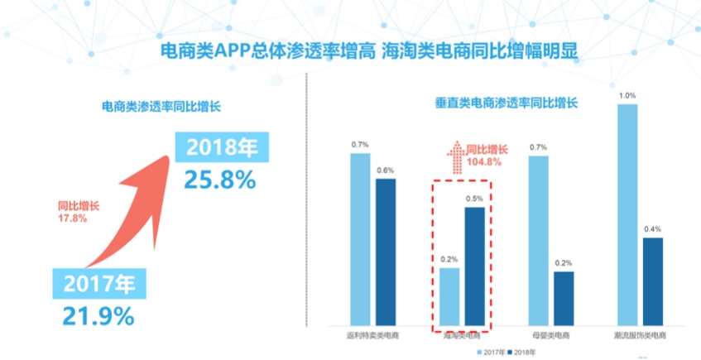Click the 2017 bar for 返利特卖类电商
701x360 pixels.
click(360, 239)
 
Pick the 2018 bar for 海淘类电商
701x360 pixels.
click(475, 266)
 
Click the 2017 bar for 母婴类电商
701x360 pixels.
click(539, 240)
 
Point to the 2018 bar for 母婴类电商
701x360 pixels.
click(564, 298)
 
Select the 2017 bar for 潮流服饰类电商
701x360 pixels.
click(627, 214)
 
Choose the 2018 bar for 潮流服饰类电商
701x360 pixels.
click(652, 281)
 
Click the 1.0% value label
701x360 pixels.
click(627, 95)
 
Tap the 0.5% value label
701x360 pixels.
click(475, 199)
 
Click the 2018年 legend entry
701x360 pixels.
click(519, 352)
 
